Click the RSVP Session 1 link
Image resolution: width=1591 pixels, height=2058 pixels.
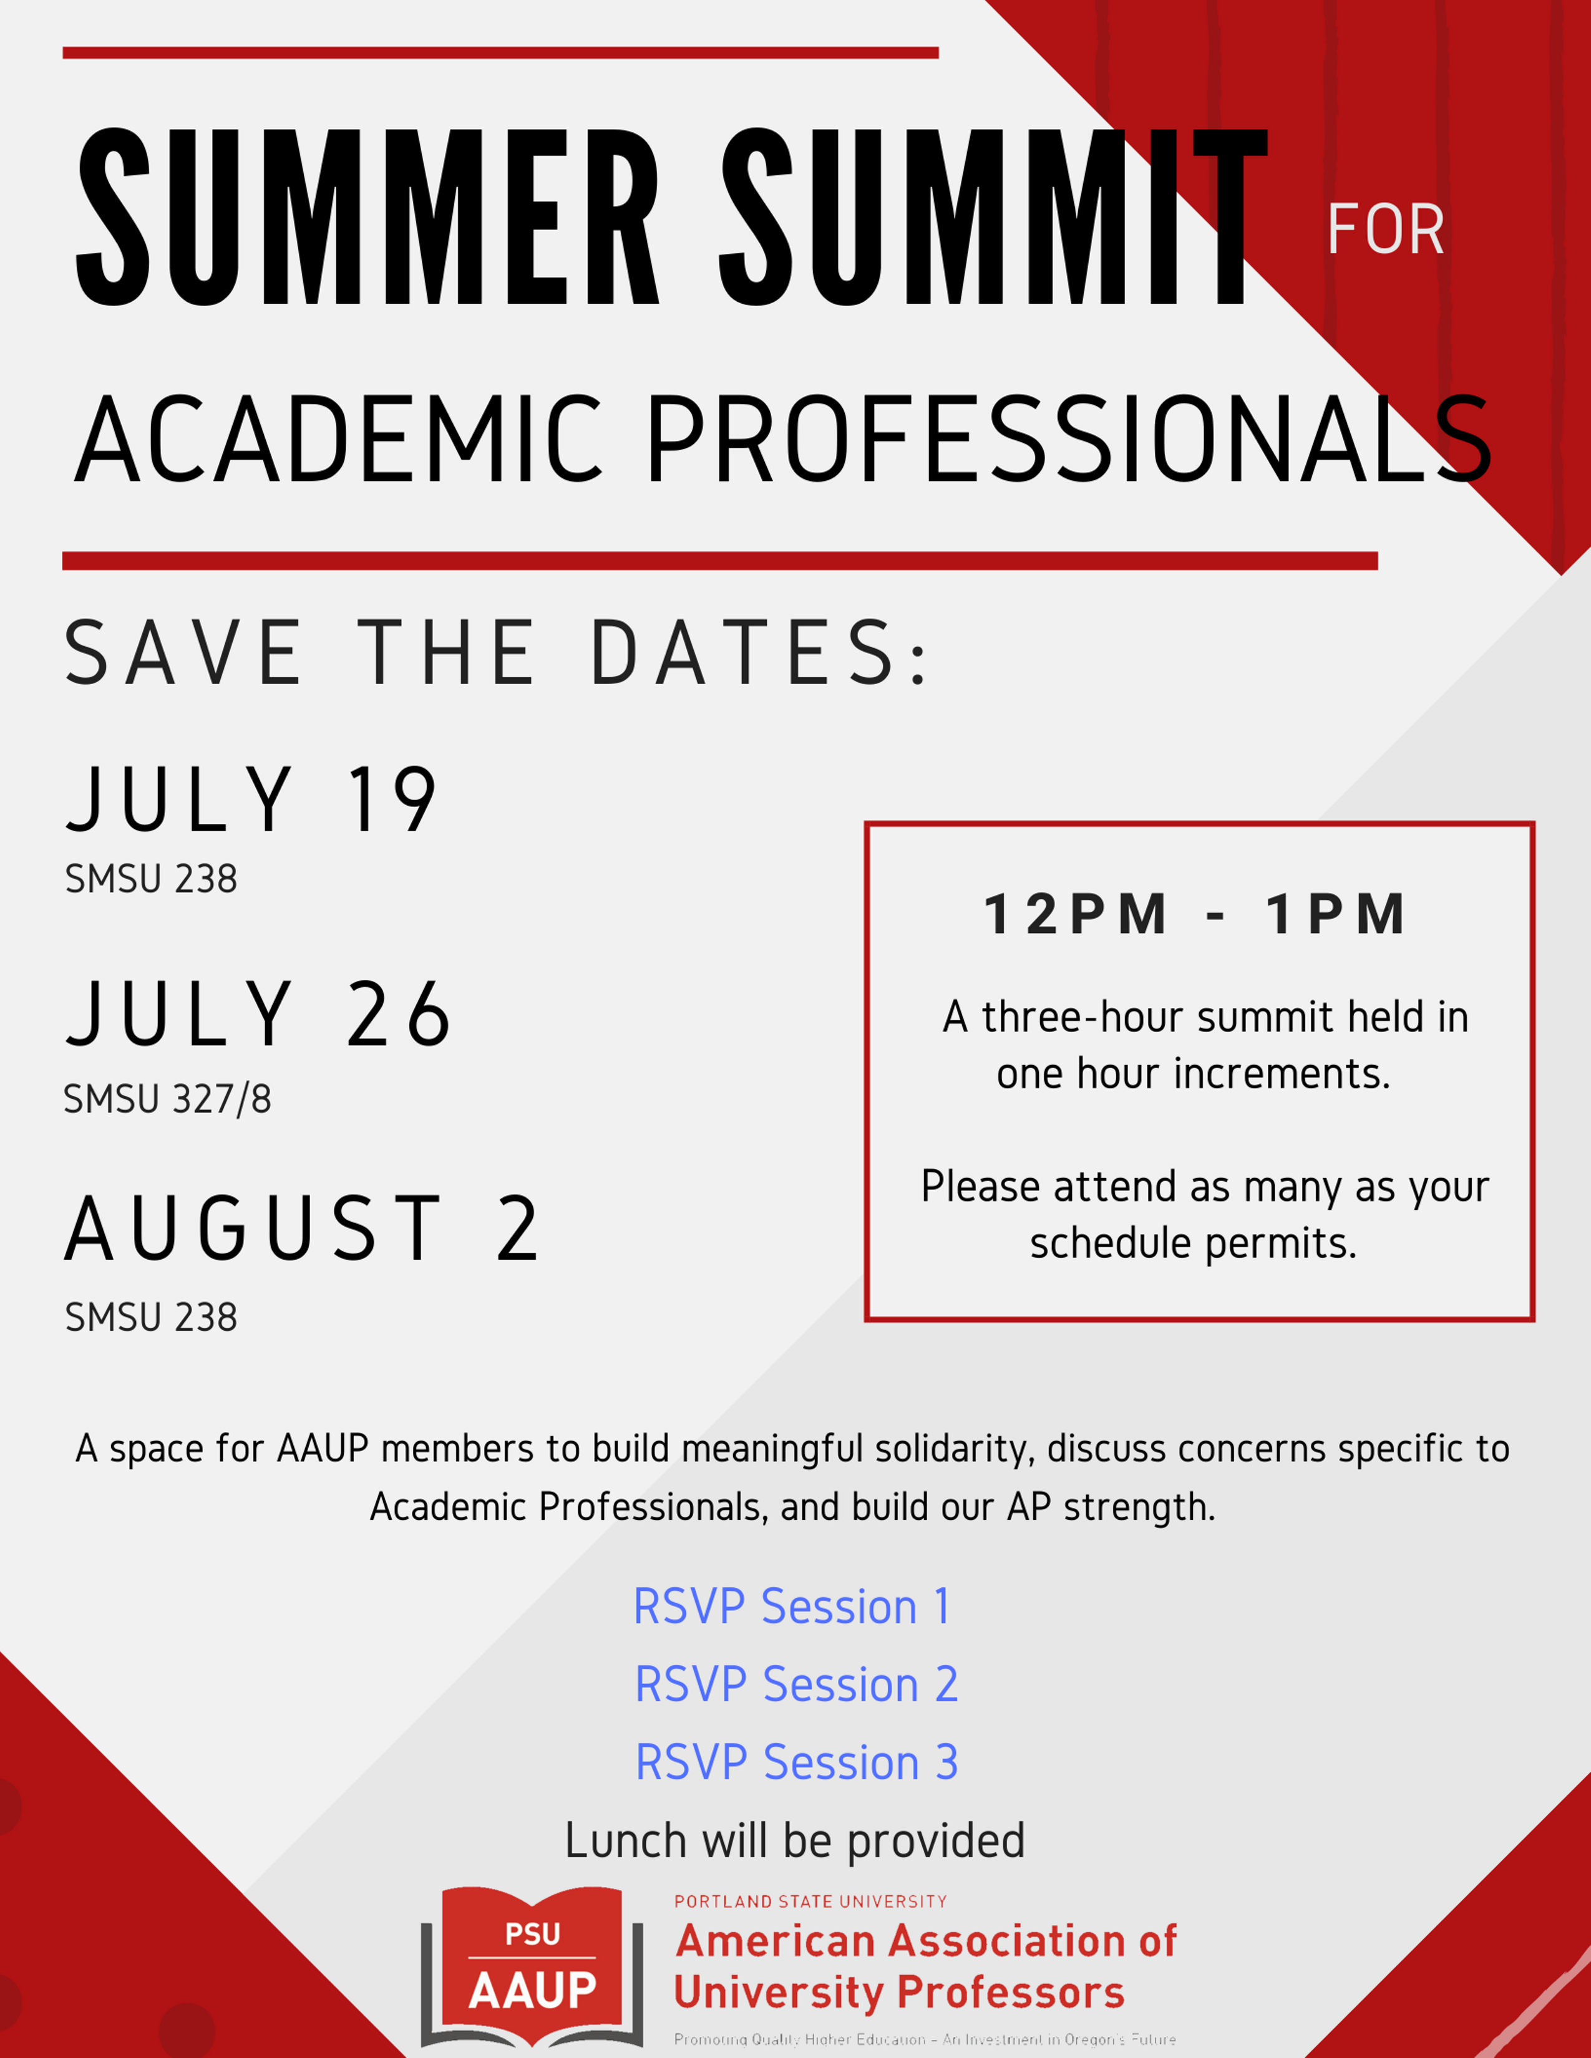click(x=792, y=1606)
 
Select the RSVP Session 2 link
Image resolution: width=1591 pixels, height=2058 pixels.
click(x=797, y=1685)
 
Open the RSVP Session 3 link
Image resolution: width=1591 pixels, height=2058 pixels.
click(x=797, y=1762)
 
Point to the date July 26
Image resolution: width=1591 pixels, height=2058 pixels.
click(x=259, y=1014)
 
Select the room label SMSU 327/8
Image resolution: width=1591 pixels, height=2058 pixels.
click(x=167, y=1099)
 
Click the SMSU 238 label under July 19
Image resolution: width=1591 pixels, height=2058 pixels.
click(x=151, y=879)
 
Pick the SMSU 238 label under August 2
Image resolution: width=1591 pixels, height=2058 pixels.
click(x=151, y=1317)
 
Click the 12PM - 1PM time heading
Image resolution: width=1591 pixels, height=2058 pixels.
click(x=1195, y=914)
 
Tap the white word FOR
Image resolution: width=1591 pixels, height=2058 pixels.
click(x=1386, y=230)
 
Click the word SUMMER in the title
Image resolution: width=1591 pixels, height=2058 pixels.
click(x=367, y=219)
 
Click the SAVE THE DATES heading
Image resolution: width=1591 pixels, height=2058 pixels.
click(x=497, y=653)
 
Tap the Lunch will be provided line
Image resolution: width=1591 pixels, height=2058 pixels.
click(x=794, y=1840)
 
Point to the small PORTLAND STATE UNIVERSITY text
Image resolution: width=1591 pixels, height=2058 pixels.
click(x=810, y=1901)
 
